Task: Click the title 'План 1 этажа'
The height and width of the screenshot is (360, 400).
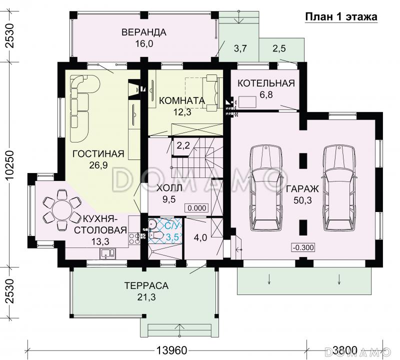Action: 341,17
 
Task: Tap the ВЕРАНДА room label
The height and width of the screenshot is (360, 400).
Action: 144,32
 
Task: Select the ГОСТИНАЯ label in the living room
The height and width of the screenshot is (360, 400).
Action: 98,154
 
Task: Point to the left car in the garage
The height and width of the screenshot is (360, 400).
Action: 266,188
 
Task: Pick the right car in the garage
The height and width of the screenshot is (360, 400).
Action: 339,188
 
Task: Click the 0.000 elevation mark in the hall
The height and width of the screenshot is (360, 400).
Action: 197,208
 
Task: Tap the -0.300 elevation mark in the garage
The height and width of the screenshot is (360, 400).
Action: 303,247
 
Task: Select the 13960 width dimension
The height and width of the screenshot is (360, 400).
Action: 171,351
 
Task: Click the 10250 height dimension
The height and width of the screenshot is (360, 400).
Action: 9,165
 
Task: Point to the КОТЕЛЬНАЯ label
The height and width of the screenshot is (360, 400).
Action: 266,83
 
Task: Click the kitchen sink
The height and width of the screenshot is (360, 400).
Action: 108,253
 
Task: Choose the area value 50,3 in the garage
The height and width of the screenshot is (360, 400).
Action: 302,200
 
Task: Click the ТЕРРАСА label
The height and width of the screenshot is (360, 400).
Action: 146,285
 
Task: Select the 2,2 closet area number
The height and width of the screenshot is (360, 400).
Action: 183,145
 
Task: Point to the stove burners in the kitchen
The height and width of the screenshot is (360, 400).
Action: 134,238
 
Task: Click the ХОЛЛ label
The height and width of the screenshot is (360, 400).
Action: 169,188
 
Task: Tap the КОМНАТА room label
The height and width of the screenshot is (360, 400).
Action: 182,100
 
